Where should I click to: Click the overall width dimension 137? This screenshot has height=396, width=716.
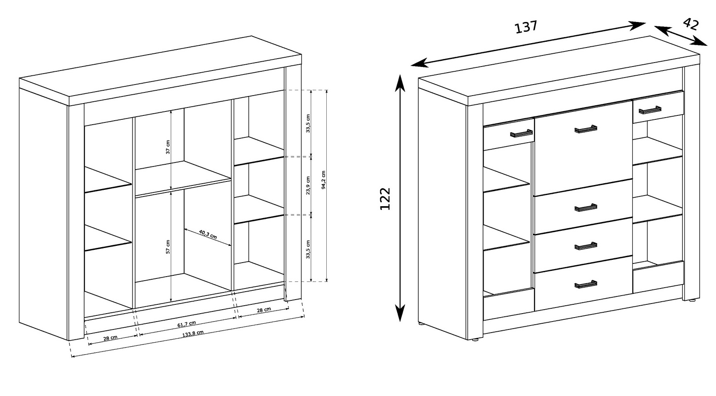(x=526, y=27)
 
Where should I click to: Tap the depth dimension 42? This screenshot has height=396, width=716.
(x=691, y=24)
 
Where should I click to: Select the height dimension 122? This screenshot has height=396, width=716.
(x=385, y=199)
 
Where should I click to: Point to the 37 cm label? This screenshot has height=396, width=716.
(x=168, y=147)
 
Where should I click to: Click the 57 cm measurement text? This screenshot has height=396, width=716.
(x=168, y=247)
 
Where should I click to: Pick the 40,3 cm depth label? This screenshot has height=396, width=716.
(x=208, y=234)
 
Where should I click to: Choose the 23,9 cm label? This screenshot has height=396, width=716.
(x=308, y=185)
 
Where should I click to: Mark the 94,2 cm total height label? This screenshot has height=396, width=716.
(x=323, y=180)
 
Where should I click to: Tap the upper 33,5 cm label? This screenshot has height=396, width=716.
(x=308, y=123)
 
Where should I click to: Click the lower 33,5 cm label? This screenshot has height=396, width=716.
(x=308, y=249)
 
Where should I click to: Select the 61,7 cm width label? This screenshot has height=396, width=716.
(x=187, y=324)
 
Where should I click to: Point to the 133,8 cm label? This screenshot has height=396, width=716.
(x=193, y=333)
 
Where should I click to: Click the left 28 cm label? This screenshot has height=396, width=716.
(x=110, y=338)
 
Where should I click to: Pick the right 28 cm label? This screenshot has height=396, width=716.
(x=264, y=310)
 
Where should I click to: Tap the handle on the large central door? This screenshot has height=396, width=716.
(x=586, y=129)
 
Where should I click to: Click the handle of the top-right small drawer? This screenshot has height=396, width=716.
(x=650, y=110)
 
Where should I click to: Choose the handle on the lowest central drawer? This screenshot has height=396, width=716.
(x=586, y=284)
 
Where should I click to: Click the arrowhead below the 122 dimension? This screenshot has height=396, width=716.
(x=400, y=312)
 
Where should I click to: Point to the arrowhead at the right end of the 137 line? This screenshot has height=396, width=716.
(x=637, y=26)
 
